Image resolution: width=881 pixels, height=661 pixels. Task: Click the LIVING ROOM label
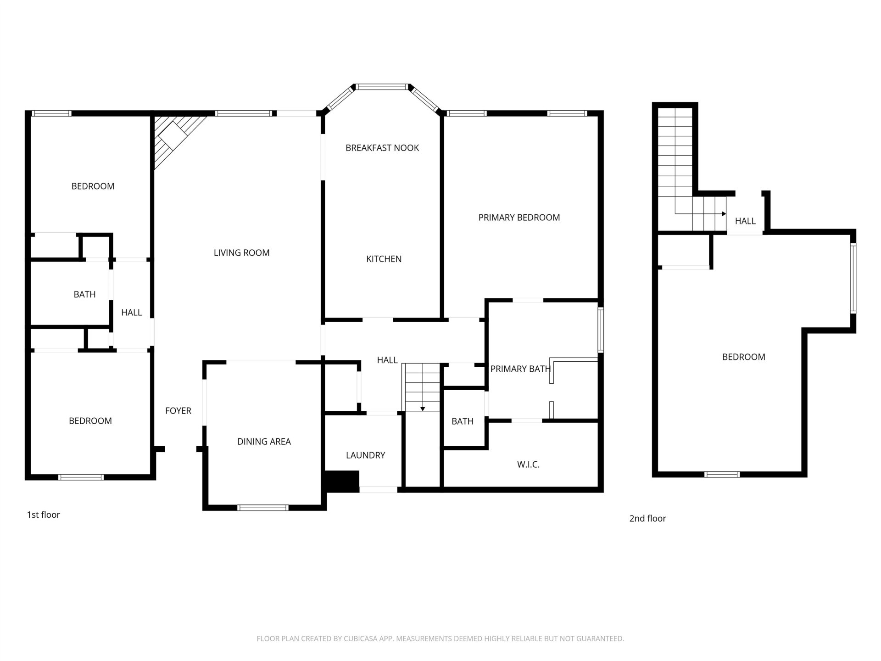pyautogui.click(x=241, y=253)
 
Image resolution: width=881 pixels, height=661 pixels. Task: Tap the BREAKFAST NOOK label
pyautogui.click(x=382, y=148)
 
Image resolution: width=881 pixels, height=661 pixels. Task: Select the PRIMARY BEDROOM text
pyautogui.click(x=519, y=218)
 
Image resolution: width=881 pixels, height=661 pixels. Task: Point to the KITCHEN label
pyautogui.click(x=384, y=259)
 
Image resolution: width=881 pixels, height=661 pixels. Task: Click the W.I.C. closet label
pyautogui.click(x=528, y=465)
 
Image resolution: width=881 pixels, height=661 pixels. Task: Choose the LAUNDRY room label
pyautogui.click(x=365, y=455)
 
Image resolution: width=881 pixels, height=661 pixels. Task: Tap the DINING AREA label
pyautogui.click(x=264, y=442)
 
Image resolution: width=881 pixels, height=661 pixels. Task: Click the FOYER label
pyautogui.click(x=178, y=411)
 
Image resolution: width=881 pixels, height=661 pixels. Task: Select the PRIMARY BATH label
pyautogui.click(x=520, y=369)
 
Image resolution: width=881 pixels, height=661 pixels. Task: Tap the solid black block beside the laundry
pyautogui.click(x=342, y=482)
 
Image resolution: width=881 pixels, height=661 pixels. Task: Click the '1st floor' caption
pyautogui.click(x=43, y=515)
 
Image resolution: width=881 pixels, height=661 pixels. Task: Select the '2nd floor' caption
pyautogui.click(x=647, y=518)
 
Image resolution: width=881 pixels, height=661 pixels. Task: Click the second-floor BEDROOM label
pyautogui.click(x=743, y=357)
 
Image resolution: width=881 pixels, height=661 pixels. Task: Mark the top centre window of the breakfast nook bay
pyautogui.click(x=382, y=87)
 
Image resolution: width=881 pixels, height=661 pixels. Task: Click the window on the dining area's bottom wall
pyautogui.click(x=263, y=508)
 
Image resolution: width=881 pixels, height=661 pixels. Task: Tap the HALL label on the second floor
pyautogui.click(x=745, y=221)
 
